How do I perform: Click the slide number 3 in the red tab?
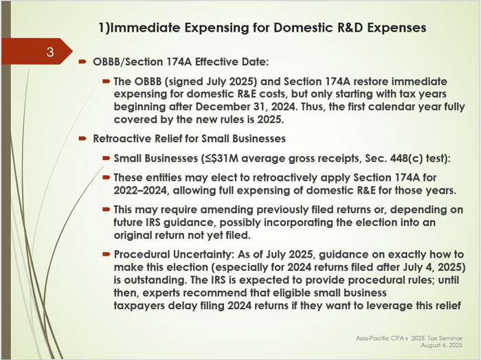tap(50, 52)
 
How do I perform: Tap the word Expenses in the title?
tap(396, 28)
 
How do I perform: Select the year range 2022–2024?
tap(141, 190)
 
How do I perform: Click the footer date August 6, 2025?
tap(441, 346)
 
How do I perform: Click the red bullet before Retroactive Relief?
tap(82, 139)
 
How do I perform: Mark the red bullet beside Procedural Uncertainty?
tap(106, 254)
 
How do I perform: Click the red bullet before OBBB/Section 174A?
tap(82, 62)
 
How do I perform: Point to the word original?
tap(132, 235)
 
